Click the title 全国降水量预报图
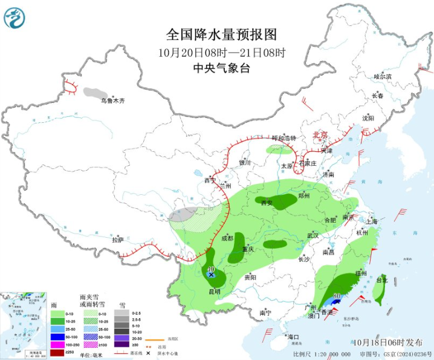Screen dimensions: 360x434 (221, 34)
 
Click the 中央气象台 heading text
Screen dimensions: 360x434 (221, 68)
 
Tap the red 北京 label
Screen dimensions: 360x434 (319, 134)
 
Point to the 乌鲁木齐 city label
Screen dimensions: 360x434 (112, 100)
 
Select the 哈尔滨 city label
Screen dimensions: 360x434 (383, 77)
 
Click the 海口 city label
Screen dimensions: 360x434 (293, 336)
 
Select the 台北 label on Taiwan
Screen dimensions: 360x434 (381, 280)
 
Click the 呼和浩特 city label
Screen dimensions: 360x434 (283, 138)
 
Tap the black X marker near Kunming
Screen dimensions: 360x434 (212, 275)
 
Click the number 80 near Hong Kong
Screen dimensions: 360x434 (337, 296)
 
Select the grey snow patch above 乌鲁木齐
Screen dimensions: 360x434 (93, 93)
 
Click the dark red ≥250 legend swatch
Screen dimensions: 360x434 (57, 352)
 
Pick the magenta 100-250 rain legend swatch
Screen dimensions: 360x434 (57, 344)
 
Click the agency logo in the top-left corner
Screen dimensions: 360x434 (15, 18)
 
